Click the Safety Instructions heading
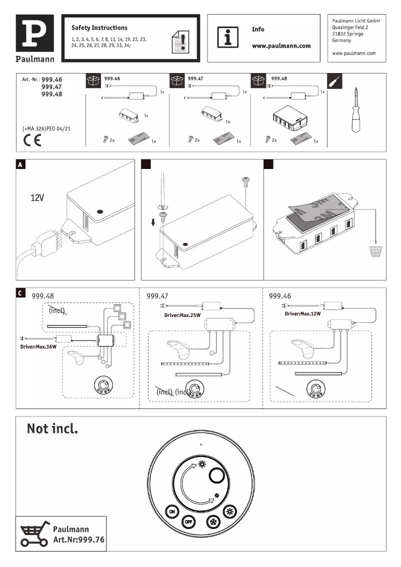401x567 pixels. click(99, 28)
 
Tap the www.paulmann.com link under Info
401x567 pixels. click(281, 45)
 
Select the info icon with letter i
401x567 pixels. click(227, 37)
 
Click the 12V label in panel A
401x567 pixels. click(37, 198)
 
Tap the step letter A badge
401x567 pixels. click(20, 164)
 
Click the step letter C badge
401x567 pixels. click(20, 293)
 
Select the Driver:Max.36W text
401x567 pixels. click(38, 346)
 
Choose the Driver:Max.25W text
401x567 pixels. click(182, 315)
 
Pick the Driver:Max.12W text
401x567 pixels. click(302, 313)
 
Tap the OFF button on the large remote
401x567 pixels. click(188, 521)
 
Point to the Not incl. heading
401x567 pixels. click(52, 428)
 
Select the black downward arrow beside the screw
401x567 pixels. click(153, 221)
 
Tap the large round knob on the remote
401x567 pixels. click(218, 475)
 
